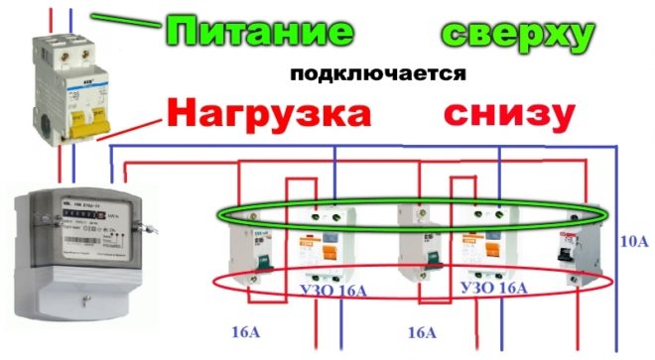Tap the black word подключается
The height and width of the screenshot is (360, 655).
378,74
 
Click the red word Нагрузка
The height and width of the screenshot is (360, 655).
269,111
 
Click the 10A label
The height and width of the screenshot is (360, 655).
632,239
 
